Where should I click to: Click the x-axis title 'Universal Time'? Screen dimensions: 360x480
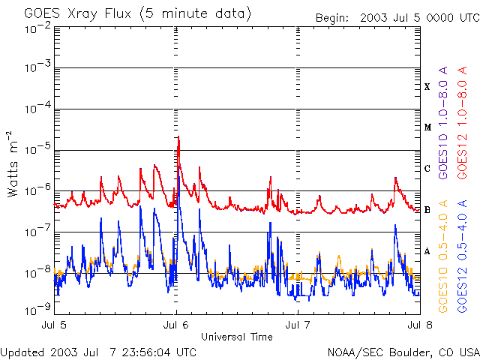click(x=236, y=337)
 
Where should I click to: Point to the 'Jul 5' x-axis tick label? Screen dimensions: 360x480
click(x=55, y=324)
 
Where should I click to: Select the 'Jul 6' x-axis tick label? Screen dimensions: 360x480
click(x=176, y=324)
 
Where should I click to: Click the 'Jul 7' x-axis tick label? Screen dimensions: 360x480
click(x=298, y=324)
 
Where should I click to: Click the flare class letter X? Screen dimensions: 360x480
click(x=427, y=87)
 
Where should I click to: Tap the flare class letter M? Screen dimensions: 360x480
click(x=427, y=127)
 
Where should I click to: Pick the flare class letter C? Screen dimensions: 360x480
click(x=427, y=169)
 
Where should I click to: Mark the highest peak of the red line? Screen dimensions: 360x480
click(x=178, y=137)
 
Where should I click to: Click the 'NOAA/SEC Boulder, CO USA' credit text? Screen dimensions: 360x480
click(x=403, y=352)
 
